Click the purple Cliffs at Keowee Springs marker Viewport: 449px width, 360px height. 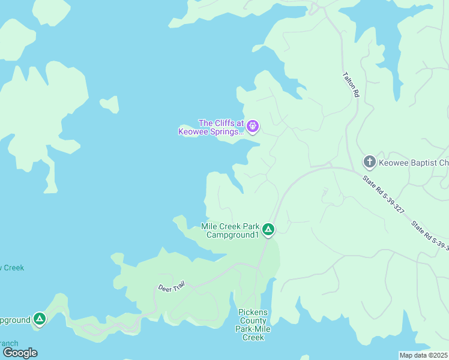pos(253,126)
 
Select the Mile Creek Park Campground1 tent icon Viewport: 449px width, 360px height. pos(268,229)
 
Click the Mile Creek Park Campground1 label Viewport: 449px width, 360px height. pos(231,230)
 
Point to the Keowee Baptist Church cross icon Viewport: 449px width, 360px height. pos(369,162)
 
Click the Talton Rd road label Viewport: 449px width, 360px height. pos(351,85)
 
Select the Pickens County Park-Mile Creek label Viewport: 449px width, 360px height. pos(253,325)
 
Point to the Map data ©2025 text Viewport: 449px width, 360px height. pos(424,355)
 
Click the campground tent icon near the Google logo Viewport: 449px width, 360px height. pos(40,319)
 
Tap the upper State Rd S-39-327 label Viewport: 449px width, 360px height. pos(383,194)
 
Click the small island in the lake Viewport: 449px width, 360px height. pos(109,104)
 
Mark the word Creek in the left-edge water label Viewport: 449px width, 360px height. pos(14,268)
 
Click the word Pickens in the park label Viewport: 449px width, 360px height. pos(253,312)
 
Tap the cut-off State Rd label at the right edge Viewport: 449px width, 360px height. pos(429,236)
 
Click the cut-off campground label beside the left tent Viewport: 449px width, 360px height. pos(14,320)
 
